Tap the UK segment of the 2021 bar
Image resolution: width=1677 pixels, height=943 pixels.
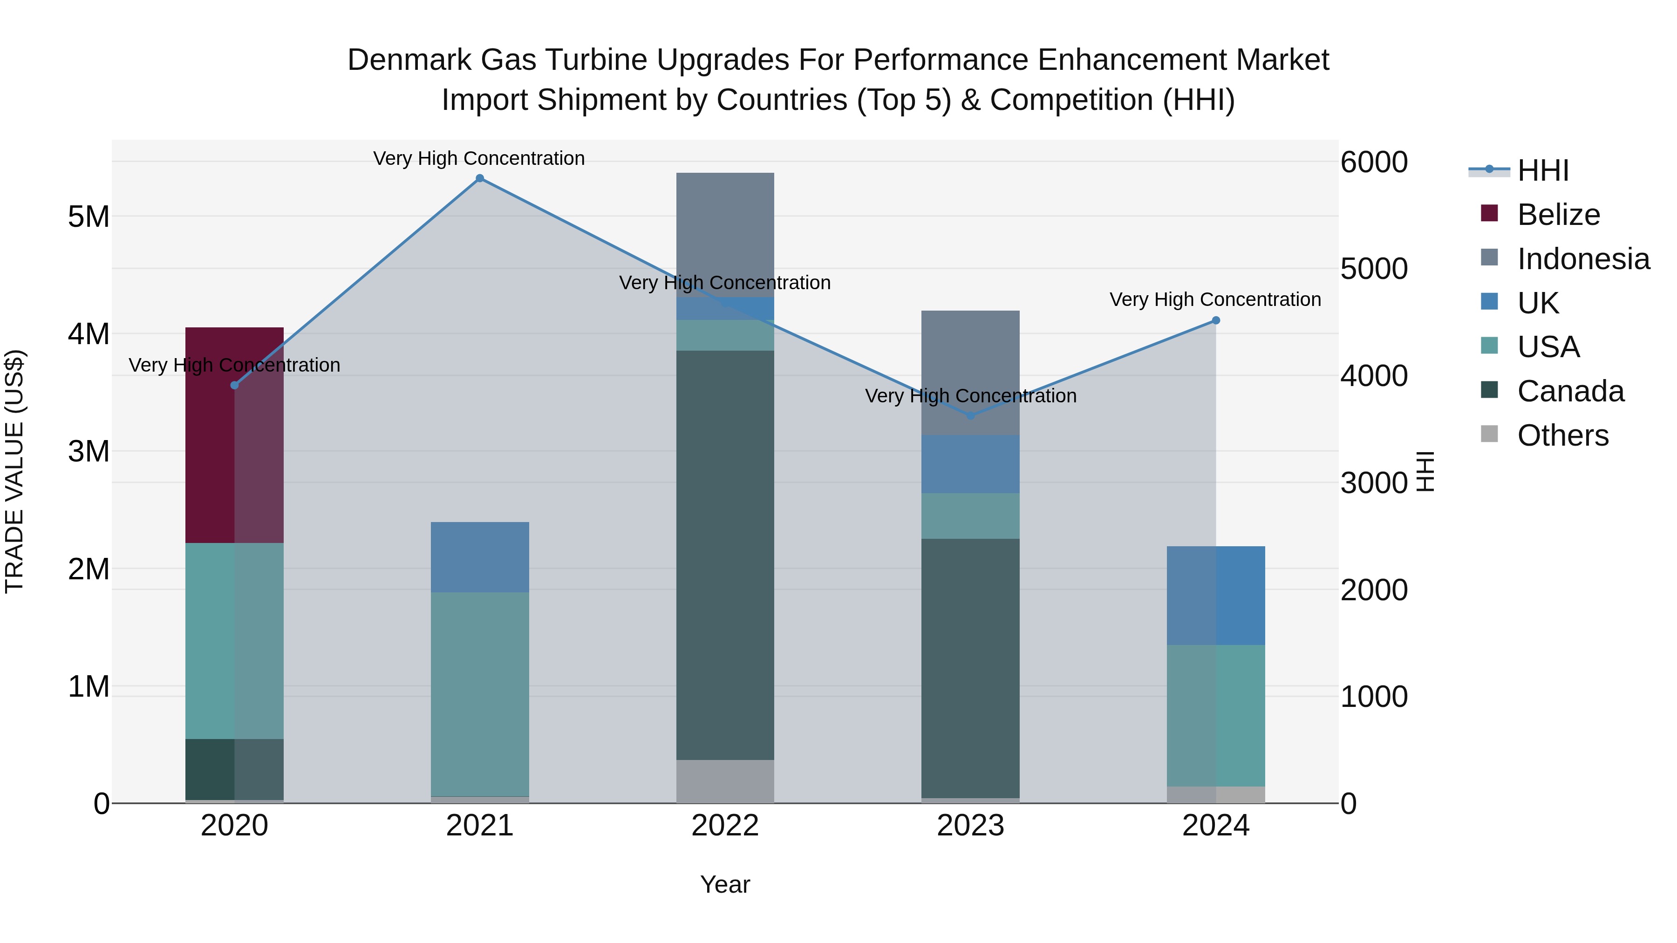point(480,556)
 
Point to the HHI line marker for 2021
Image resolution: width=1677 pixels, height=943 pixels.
point(480,178)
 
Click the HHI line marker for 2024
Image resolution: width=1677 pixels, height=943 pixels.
point(1215,320)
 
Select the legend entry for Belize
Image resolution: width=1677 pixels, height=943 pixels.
point(1557,215)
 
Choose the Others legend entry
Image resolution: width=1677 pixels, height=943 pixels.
point(1562,435)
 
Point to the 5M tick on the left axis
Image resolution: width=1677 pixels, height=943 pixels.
point(89,217)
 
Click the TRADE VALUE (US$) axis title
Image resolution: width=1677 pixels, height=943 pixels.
point(14,471)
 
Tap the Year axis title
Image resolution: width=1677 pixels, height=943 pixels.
point(724,884)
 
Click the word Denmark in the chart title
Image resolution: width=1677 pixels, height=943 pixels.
point(409,60)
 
